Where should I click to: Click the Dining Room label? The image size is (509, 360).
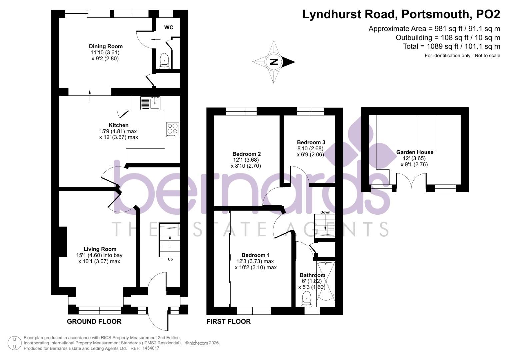pyautogui.click(x=106, y=46)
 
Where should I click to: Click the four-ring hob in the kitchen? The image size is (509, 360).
pyautogui.click(x=172, y=129)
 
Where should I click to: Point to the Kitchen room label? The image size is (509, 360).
pyautogui.click(x=118, y=125)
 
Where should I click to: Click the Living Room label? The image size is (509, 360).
pyautogui.click(x=100, y=249)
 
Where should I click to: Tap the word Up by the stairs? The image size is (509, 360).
pyautogui.click(x=170, y=259)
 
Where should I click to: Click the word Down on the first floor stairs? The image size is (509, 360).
pyautogui.click(x=325, y=212)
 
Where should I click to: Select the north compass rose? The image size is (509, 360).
pyautogui.click(x=274, y=62)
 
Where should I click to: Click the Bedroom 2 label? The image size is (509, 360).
pyautogui.click(x=246, y=154)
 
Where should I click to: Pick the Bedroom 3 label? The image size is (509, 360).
pyautogui.click(x=311, y=142)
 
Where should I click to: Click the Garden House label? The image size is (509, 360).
pyautogui.click(x=415, y=152)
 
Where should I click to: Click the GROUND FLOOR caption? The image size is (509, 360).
pyautogui.click(x=94, y=321)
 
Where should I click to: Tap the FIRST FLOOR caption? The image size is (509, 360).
pyautogui.click(x=228, y=321)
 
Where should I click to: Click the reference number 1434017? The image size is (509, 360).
pyautogui.click(x=151, y=348)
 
